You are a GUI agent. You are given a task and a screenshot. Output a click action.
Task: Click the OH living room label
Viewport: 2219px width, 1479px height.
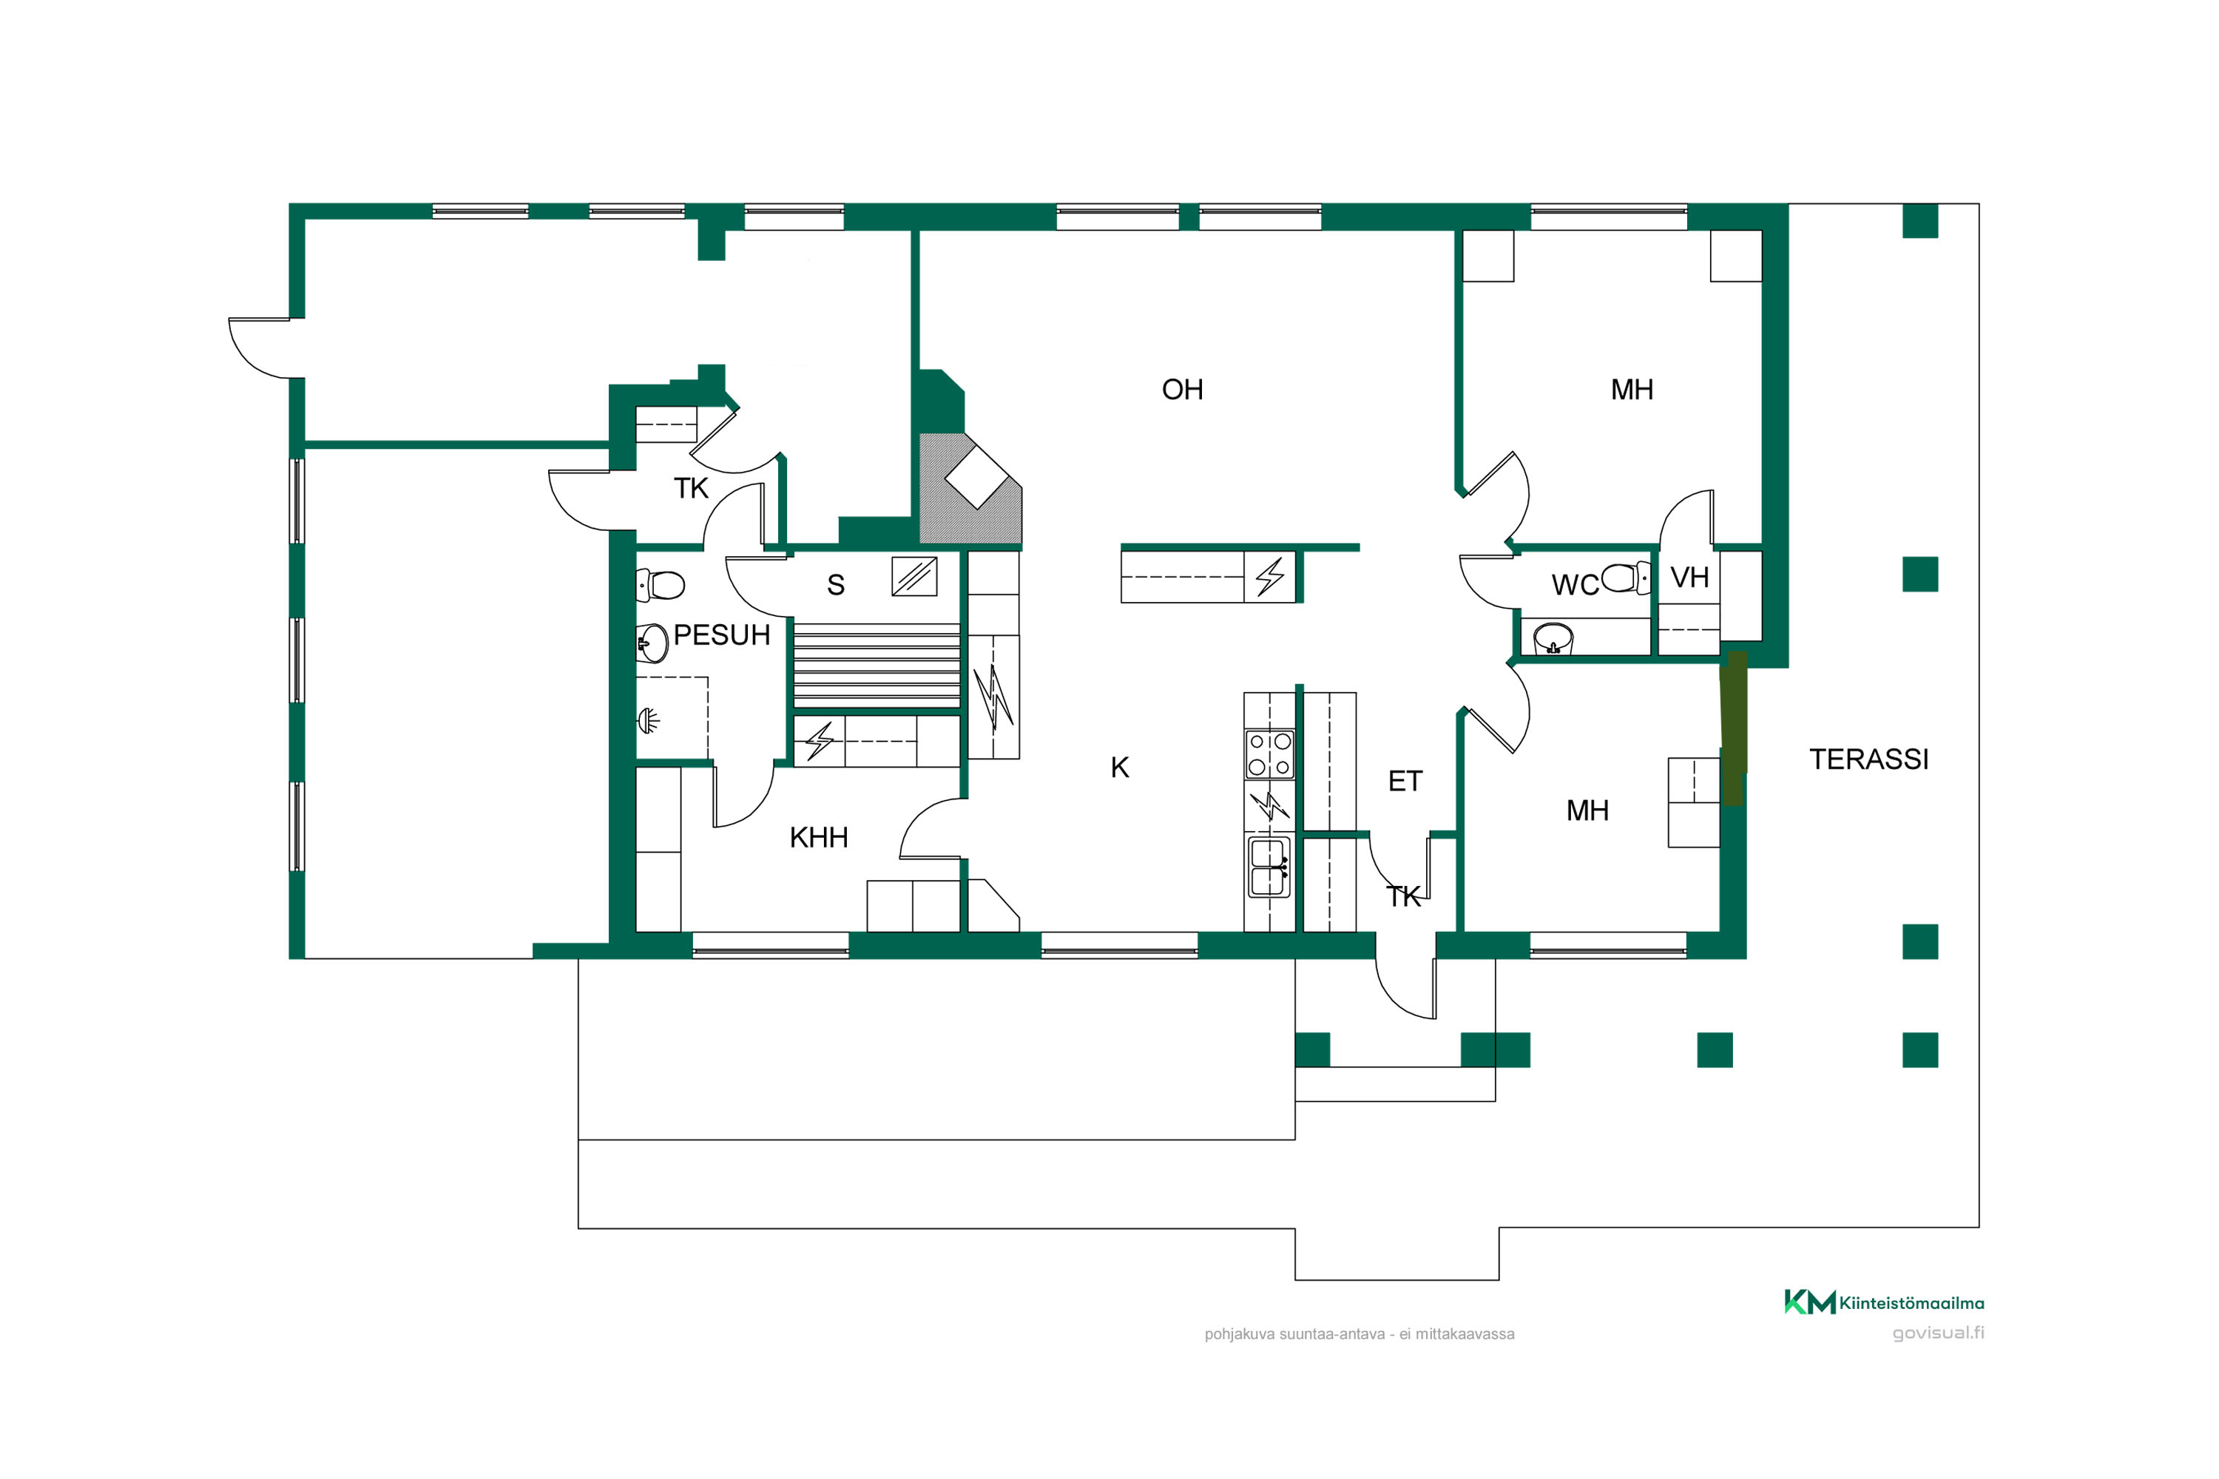click(x=1182, y=390)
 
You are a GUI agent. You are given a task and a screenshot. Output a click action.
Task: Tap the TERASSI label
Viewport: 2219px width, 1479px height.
click(x=1869, y=759)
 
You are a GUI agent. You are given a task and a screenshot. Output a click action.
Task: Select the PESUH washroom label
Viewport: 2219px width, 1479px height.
click(x=722, y=634)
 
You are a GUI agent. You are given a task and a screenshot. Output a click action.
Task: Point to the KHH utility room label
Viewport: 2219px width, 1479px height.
click(x=819, y=838)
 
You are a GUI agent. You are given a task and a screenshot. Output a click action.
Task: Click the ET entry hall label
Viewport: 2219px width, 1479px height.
click(x=1405, y=781)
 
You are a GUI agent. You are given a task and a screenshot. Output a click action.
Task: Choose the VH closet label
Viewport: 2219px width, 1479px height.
click(x=1689, y=578)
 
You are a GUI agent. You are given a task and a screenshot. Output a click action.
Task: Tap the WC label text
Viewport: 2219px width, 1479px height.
click(x=1575, y=585)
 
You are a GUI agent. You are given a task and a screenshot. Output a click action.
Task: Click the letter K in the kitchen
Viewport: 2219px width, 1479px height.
click(x=1120, y=768)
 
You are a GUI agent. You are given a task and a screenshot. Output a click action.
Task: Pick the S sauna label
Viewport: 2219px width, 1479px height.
click(x=836, y=585)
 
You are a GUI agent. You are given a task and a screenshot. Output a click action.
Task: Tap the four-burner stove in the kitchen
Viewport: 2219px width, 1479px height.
click(x=1269, y=754)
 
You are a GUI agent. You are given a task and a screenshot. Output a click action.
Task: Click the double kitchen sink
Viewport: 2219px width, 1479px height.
click(x=1269, y=867)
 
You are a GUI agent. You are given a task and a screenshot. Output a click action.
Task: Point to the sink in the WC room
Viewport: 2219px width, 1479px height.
click(x=1553, y=639)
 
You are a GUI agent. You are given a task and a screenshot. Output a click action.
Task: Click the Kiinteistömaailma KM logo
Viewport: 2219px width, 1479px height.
click(x=1883, y=1302)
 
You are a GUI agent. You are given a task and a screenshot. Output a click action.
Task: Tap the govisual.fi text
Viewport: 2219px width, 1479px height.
click(x=1938, y=1333)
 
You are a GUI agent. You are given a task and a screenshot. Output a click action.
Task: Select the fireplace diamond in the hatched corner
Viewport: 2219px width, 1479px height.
click(x=976, y=476)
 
